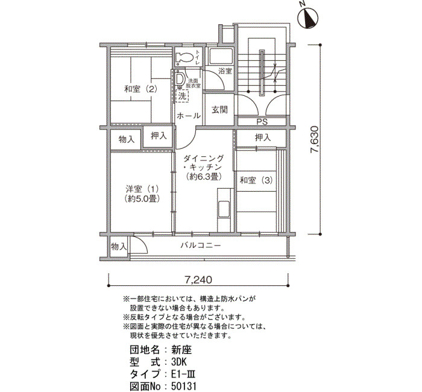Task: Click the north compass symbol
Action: (x=307, y=17)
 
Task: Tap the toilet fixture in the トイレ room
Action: (x=184, y=58)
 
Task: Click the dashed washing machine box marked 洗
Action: (x=182, y=96)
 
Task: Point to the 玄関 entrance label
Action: (x=219, y=110)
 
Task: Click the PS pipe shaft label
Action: (x=262, y=122)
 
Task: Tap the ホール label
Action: (x=189, y=116)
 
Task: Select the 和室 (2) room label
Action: (x=140, y=89)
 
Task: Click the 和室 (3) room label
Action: (x=256, y=180)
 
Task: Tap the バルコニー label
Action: (x=201, y=246)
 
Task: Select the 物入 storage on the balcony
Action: (x=119, y=246)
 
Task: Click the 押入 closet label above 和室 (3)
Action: (x=263, y=138)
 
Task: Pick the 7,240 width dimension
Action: (x=198, y=280)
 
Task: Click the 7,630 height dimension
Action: (x=315, y=139)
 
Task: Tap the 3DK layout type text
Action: (x=179, y=362)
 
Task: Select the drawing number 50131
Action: (x=184, y=387)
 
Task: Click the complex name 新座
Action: (x=181, y=350)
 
